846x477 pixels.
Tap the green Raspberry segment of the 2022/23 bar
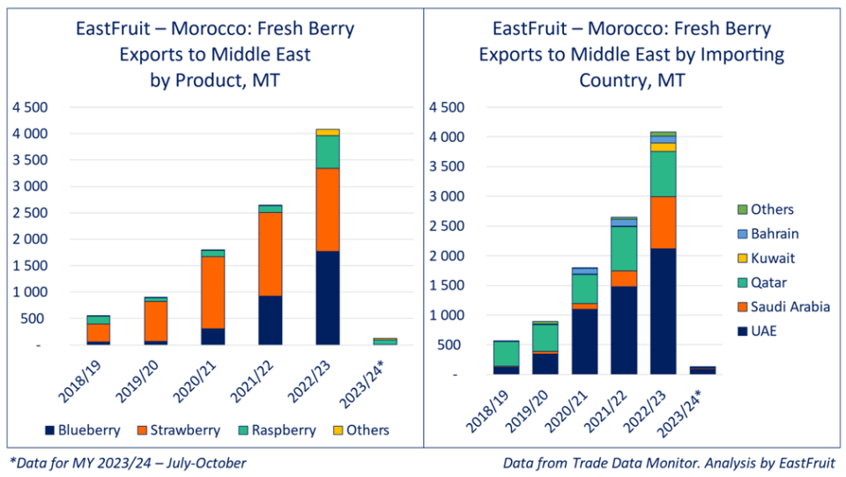(x=327, y=151)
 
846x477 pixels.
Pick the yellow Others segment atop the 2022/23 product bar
(x=327, y=132)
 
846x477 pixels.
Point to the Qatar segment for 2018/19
(x=505, y=353)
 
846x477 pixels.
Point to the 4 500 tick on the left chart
(x=29, y=107)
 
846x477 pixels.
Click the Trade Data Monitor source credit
(x=669, y=462)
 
